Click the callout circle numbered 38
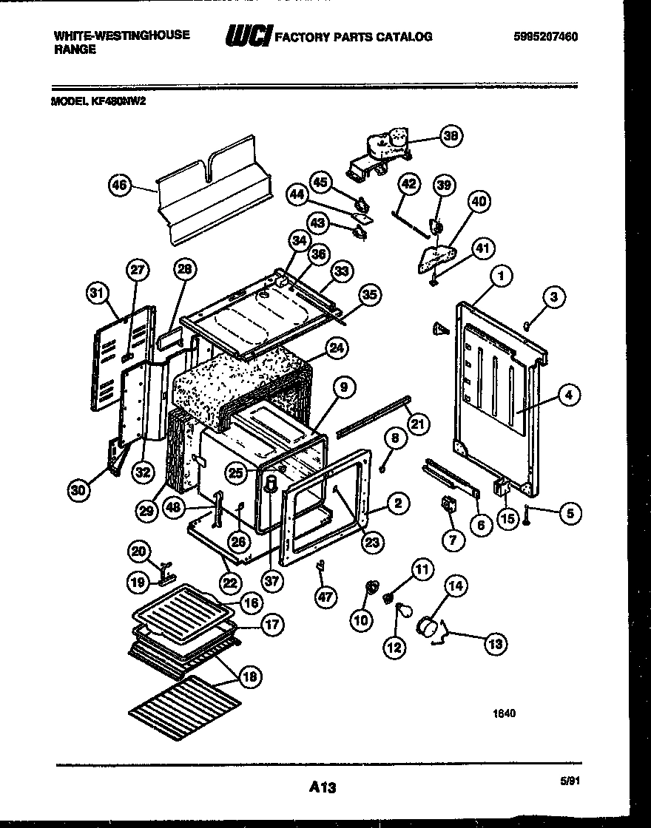449,136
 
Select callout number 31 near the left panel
93,294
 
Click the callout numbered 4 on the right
567,396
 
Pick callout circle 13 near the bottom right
495,644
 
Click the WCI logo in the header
248,35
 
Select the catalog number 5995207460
544,36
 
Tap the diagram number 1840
505,713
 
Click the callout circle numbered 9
344,387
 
